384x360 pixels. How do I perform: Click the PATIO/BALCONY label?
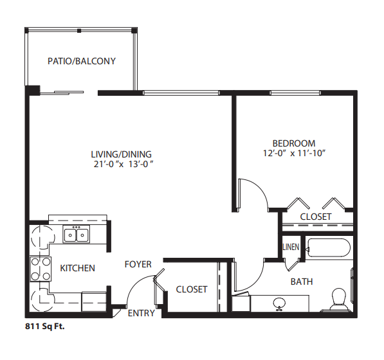(x=82, y=61)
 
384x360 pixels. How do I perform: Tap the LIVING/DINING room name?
(x=122, y=154)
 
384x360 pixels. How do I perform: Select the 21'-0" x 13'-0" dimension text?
(x=123, y=164)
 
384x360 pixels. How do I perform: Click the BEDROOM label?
(x=294, y=143)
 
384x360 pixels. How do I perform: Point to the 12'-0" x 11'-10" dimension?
(x=294, y=153)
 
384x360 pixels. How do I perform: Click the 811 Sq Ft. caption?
(x=45, y=327)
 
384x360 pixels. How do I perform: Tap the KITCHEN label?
(x=77, y=268)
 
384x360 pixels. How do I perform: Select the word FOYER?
(x=138, y=264)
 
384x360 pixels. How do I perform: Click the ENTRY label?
(x=142, y=313)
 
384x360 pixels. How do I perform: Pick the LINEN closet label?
(x=291, y=247)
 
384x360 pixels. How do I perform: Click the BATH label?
(x=302, y=282)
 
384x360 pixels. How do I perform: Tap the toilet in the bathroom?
(x=338, y=300)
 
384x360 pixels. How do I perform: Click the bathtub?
(x=328, y=248)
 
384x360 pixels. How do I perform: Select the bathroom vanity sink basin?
(x=279, y=304)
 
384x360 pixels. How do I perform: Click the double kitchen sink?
(x=76, y=234)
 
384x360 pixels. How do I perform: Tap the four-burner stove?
(x=41, y=269)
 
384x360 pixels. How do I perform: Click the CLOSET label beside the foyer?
(x=192, y=289)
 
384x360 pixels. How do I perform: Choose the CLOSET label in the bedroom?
(x=316, y=217)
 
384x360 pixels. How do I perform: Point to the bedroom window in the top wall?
(x=295, y=93)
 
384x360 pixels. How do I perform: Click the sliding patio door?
(x=62, y=93)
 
